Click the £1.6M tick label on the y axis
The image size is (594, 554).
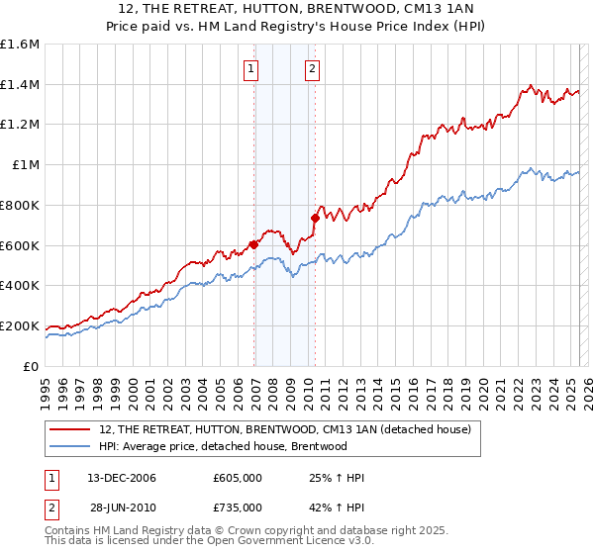pos(20,45)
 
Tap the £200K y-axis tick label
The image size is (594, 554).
pos(20,325)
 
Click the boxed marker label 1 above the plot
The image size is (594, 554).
pos(250,69)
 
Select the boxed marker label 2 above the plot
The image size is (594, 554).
pos(312,69)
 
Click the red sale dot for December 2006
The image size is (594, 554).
pos(253,243)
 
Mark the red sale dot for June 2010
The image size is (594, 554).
pos(315,218)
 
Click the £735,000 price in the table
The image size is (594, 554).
pos(238,508)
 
